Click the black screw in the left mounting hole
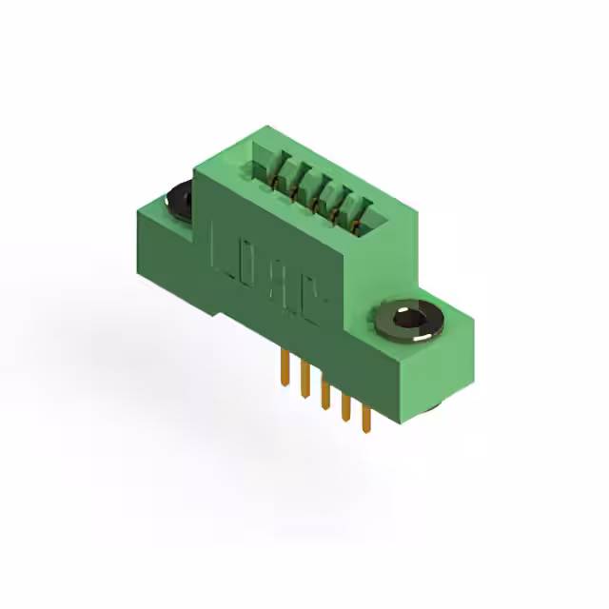coord(180,201)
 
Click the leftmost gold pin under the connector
coord(284,367)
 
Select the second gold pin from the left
coord(304,380)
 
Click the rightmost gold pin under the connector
coord(365,416)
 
